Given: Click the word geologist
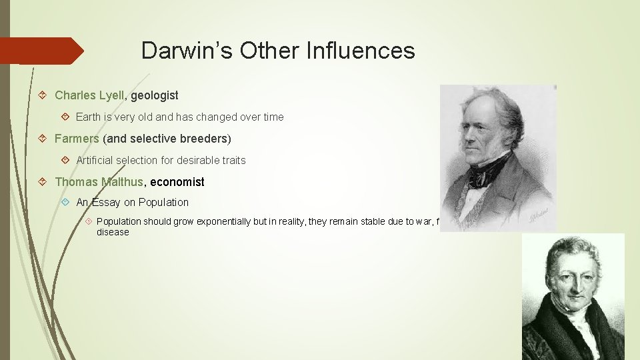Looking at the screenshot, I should click(x=155, y=96).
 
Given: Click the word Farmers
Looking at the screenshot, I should click(x=77, y=139).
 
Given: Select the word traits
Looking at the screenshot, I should click(x=231, y=160).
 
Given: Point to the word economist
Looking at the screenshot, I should click(x=177, y=182).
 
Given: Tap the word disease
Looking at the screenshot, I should click(x=113, y=232).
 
